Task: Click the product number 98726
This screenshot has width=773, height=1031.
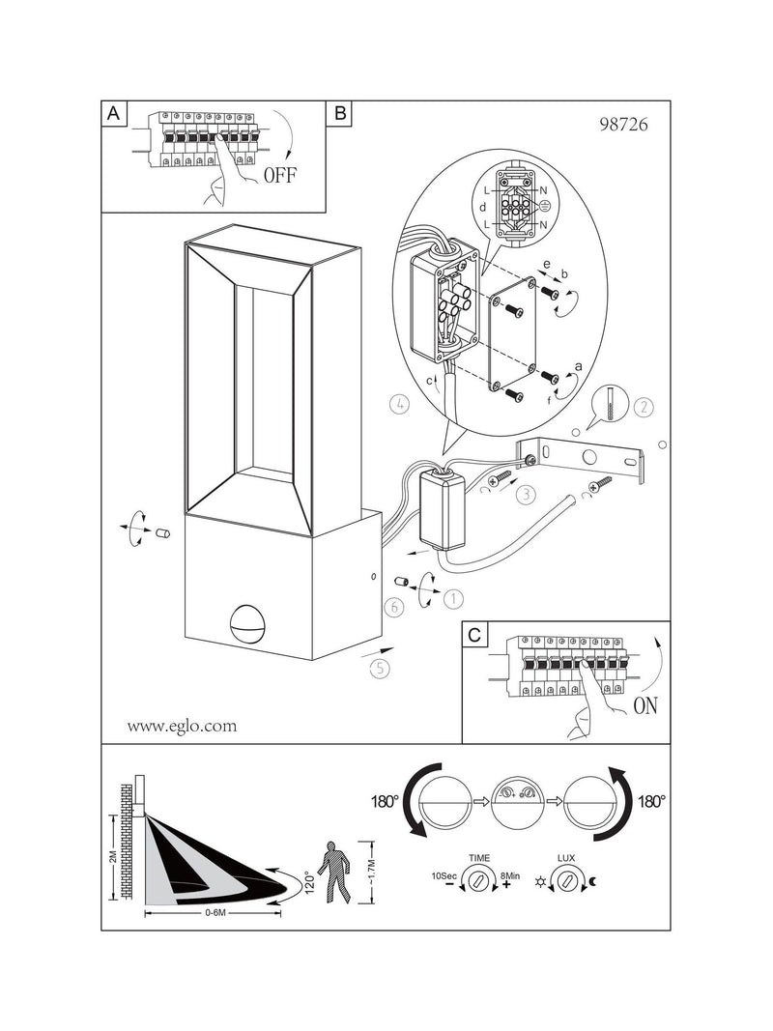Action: [623, 125]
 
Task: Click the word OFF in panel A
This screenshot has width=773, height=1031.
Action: [280, 175]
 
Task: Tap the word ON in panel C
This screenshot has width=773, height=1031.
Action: [645, 705]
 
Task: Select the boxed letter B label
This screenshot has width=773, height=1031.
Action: [340, 113]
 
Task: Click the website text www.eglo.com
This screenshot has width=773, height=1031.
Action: [182, 726]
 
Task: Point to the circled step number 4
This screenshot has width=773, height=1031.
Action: [399, 404]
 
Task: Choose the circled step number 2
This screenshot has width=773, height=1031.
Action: [644, 407]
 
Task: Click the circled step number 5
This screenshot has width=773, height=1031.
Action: [380, 669]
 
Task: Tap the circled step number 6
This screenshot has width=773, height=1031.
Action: [393, 606]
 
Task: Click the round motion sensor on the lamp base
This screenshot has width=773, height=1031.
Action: [246, 623]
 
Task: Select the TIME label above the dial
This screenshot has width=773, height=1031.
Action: [479, 857]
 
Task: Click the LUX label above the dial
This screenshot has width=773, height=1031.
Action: [566, 857]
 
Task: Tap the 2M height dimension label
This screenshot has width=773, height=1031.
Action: [112, 857]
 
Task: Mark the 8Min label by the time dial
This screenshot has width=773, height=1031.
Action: [510, 875]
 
